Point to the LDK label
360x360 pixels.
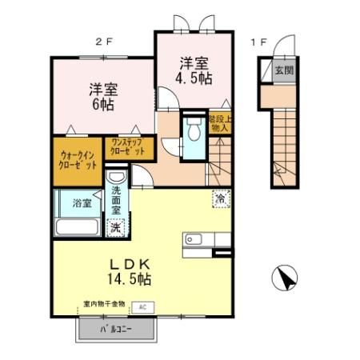click(x=126, y=262)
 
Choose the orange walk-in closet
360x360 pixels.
click(x=77, y=159)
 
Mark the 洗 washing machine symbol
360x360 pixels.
click(x=118, y=226)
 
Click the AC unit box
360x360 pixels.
click(x=144, y=306)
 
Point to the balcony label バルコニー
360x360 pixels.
click(x=114, y=329)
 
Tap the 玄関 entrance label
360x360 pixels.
click(x=284, y=70)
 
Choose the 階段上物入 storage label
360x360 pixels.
click(x=219, y=123)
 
